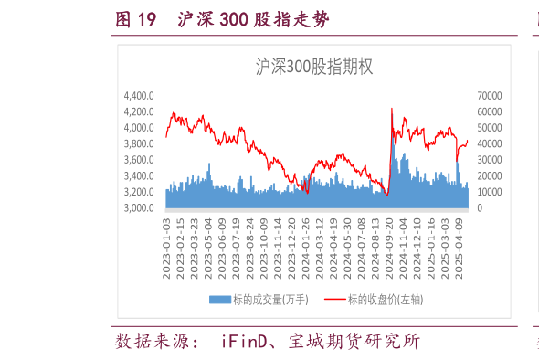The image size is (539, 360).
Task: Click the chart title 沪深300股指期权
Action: click(310, 66)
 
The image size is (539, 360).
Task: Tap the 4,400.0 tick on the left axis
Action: click(139, 95)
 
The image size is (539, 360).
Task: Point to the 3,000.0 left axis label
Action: click(139, 208)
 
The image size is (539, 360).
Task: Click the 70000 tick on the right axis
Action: click(489, 95)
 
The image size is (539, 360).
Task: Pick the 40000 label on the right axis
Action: click(489, 143)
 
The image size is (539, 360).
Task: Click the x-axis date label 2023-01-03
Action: click(166, 240)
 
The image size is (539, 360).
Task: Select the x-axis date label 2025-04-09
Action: click(460, 240)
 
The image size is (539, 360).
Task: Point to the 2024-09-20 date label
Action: click(390, 240)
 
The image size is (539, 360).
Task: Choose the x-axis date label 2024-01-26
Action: click(307, 240)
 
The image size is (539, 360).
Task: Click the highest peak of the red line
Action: click(392, 108)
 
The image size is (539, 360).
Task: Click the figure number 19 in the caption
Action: click(146, 20)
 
